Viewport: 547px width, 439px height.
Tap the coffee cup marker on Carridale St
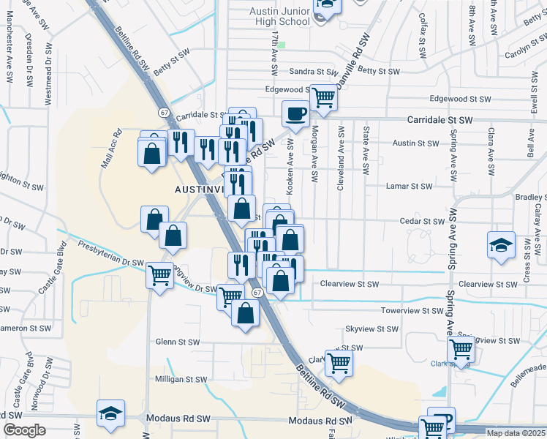[295, 114]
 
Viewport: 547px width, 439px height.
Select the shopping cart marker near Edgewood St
[323, 97]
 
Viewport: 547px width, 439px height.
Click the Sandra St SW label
[312, 72]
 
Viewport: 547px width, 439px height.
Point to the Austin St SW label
[415, 143]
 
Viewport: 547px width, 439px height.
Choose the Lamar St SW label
[410, 186]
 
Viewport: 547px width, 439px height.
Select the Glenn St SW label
[178, 342]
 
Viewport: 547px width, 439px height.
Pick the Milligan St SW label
[181, 380]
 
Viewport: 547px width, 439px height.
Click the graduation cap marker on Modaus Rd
[110, 415]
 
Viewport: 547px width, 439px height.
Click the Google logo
[24, 430]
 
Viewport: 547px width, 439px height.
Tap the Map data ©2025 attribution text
[516, 433]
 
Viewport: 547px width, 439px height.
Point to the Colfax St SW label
[423, 34]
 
